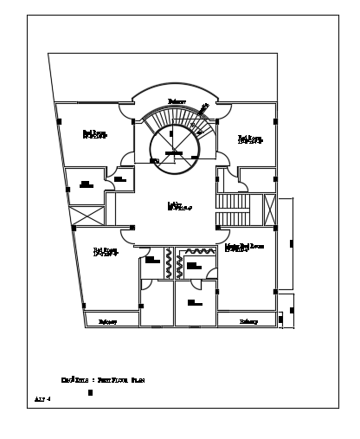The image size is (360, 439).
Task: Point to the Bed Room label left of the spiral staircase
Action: pos(94,133)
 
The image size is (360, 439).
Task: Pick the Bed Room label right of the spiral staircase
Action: pos(249,139)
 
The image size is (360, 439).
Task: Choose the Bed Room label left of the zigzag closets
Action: pos(106,252)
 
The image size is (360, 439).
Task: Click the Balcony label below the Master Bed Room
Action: pos(248,321)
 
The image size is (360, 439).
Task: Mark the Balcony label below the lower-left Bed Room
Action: pos(107,321)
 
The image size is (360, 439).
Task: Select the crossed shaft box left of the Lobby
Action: pos(87,214)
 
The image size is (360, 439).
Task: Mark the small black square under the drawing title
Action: pos(90,393)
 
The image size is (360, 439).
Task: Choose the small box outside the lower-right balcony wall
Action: pos(292,308)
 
